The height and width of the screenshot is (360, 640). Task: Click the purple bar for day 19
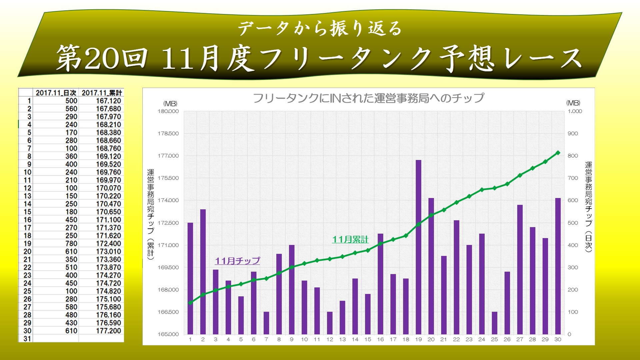coord(418,247)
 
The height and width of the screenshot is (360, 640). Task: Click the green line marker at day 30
coord(558,153)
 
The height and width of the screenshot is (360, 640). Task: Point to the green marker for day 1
coord(190,303)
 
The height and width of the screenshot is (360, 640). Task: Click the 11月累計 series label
coord(350,239)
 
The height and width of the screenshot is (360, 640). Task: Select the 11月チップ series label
coord(237,261)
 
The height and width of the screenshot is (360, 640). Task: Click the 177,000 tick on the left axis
coord(168,156)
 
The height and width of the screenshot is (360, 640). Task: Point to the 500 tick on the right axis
coord(573,223)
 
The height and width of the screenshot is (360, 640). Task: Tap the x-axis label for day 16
coord(380,339)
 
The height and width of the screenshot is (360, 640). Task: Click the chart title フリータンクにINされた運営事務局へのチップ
coord(368,98)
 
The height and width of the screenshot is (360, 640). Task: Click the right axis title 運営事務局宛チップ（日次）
coord(589,207)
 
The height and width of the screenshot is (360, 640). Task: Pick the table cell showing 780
coord(71,244)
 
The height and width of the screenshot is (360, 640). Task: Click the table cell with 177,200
coord(108,331)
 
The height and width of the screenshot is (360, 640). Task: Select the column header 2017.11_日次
coord(56,93)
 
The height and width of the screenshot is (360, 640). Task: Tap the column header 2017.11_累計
coord(102,93)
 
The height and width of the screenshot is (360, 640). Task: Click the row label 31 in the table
coord(27,339)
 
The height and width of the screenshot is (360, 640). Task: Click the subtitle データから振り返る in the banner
coord(320,28)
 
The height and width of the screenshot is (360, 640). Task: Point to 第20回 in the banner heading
coord(102,58)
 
